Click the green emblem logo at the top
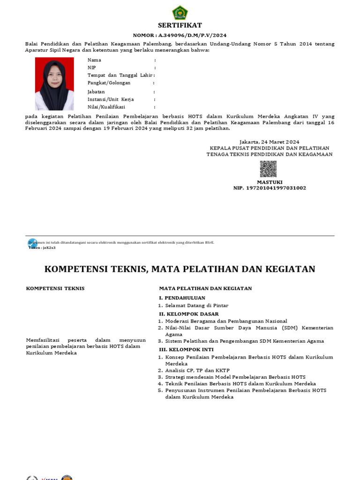pyautogui.click(x=180, y=12)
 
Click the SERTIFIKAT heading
pyautogui.click(x=180, y=25)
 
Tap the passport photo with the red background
pyautogui.click(x=54, y=83)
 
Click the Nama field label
pyautogui.click(x=94, y=60)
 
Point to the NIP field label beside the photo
pyautogui.click(x=92, y=67)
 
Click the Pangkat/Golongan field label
pyautogui.click(x=109, y=82)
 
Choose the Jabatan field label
pyautogui.click(x=96, y=92)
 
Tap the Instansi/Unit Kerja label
pyautogui.click(x=111, y=99)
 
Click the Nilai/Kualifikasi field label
pyautogui.click(x=106, y=107)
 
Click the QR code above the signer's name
pyautogui.click(x=269, y=169)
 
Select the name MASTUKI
pyautogui.click(x=270, y=182)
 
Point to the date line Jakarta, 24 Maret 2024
pyautogui.click(x=269, y=142)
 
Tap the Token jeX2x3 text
pyautogui.click(x=42, y=247)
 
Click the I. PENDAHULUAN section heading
pyautogui.click(x=182, y=298)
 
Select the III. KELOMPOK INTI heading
pyautogui.click(x=186, y=349)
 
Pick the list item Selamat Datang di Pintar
pyautogui.click(x=197, y=305)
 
